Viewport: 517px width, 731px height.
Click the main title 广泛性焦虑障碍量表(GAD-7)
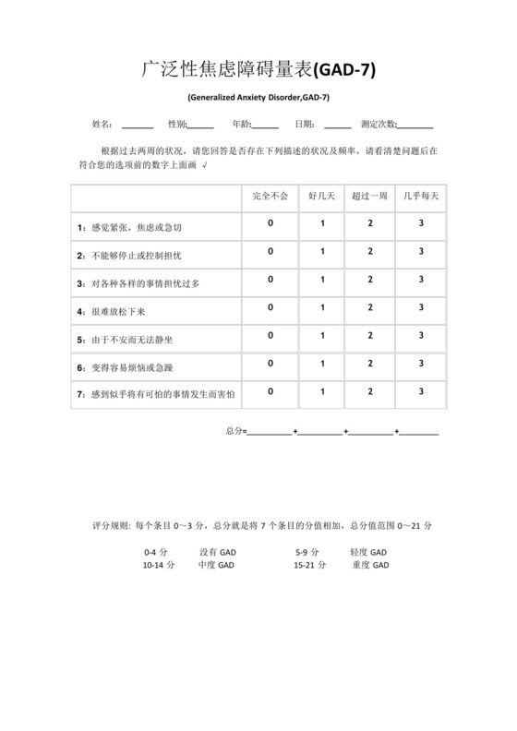tap(258, 69)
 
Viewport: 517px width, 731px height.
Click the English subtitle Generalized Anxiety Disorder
tap(258, 97)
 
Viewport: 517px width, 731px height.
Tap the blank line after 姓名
tap(138, 126)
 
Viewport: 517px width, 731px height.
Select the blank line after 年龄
tap(265, 126)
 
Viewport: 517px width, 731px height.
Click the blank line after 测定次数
tap(416, 126)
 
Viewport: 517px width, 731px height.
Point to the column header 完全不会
tap(271, 197)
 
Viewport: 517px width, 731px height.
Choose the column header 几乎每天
tap(421, 197)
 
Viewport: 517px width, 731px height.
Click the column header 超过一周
tap(370, 197)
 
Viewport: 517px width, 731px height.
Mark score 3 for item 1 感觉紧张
tap(421, 223)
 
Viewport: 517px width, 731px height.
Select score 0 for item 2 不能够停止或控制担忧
tap(271, 251)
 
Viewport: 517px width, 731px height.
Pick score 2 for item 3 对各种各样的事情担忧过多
tap(370, 279)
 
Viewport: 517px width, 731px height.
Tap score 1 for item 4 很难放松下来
tap(323, 307)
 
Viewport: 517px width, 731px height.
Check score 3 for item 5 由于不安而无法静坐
tap(421, 336)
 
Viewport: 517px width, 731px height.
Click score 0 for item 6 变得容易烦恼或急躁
tap(271, 364)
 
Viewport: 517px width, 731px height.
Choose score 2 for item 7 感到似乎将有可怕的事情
tap(370, 391)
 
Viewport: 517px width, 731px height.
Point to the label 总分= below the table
tap(235, 431)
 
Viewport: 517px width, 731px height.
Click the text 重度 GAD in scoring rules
tap(370, 565)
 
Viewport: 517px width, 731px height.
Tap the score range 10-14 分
tap(159, 565)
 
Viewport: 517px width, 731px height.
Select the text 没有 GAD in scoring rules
tap(218, 552)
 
